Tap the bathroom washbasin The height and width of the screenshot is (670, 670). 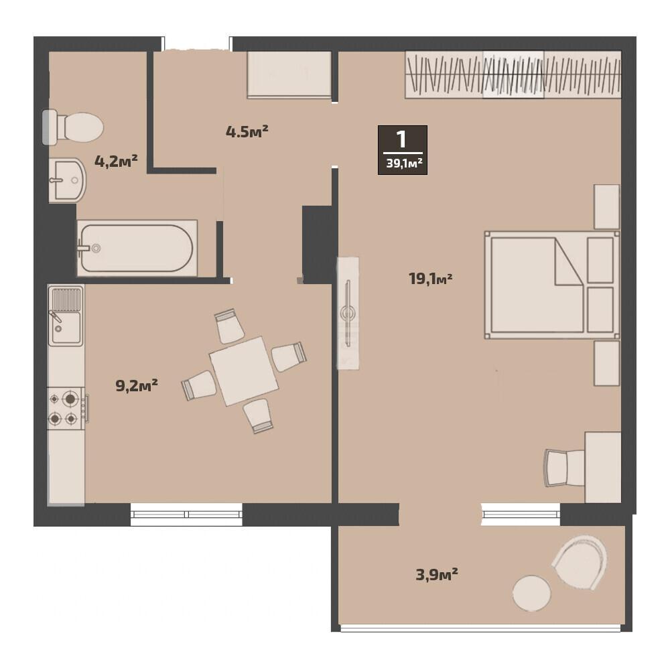point(68,180)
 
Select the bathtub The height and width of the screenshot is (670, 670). point(137,249)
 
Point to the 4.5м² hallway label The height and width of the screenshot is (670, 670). point(247,131)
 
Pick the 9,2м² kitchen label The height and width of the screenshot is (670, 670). point(137,385)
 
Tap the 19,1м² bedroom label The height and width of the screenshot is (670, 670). point(431,279)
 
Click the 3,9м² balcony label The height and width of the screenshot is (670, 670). point(437,574)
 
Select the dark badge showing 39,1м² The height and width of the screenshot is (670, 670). point(403,150)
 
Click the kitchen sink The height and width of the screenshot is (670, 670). point(66,316)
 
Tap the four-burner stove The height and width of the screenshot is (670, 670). point(66,409)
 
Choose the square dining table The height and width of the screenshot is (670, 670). point(244,371)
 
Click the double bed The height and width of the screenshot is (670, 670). point(552,285)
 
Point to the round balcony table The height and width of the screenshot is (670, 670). point(531,593)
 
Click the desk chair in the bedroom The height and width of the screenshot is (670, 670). point(564,468)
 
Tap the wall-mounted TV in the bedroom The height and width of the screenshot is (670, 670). point(348,313)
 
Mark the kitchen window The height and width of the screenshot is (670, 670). point(186,515)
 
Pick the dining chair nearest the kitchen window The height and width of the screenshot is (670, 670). point(258,416)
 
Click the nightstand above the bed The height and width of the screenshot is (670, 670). point(607,207)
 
